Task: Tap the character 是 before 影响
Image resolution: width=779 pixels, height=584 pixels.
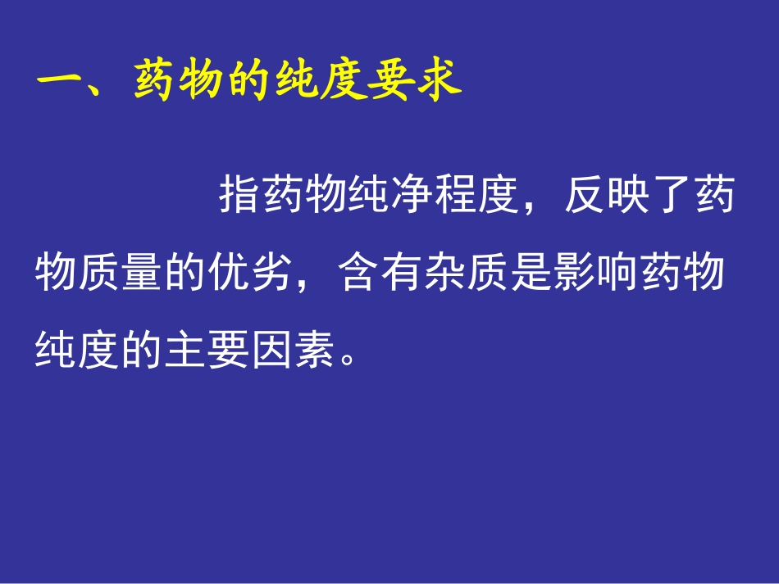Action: pos(530,273)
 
